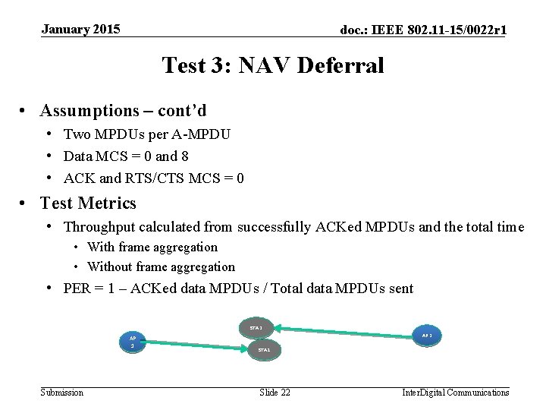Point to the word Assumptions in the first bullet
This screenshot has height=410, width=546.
[87, 111]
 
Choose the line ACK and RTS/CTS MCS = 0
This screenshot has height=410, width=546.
[154, 178]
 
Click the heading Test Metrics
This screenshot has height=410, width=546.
[88, 203]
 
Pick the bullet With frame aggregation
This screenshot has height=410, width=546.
[152, 247]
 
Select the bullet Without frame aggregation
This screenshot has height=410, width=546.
[161, 266]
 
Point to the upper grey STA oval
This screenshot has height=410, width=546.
[256, 328]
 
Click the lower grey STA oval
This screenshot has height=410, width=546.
[263, 350]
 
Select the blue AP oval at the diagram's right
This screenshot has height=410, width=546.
[426, 335]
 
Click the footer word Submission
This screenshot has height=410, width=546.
[62, 392]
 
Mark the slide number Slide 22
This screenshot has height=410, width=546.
[275, 392]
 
